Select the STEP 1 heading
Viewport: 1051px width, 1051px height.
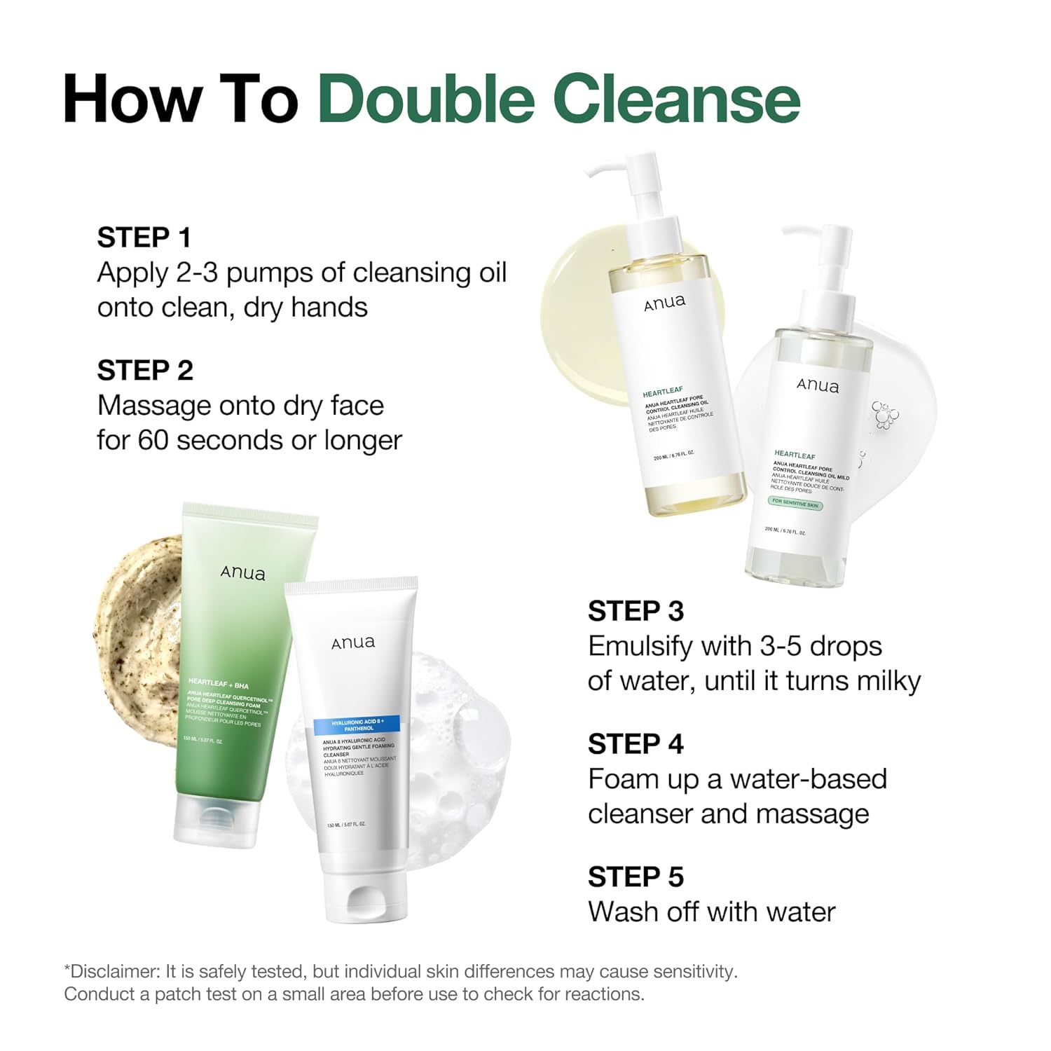tap(144, 238)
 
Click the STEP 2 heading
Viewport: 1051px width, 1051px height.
tap(144, 371)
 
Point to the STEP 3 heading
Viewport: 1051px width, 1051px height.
tap(636, 611)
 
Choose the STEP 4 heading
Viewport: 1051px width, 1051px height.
tap(636, 744)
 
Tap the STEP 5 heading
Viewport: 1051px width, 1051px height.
tap(636, 877)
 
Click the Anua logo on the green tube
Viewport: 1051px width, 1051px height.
tap(243, 573)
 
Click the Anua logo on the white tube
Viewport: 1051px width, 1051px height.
tap(353, 643)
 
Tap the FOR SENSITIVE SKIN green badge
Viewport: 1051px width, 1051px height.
tap(795, 503)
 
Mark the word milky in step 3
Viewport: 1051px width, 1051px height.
tap(881, 681)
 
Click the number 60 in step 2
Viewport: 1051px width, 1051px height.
tap(153, 440)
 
